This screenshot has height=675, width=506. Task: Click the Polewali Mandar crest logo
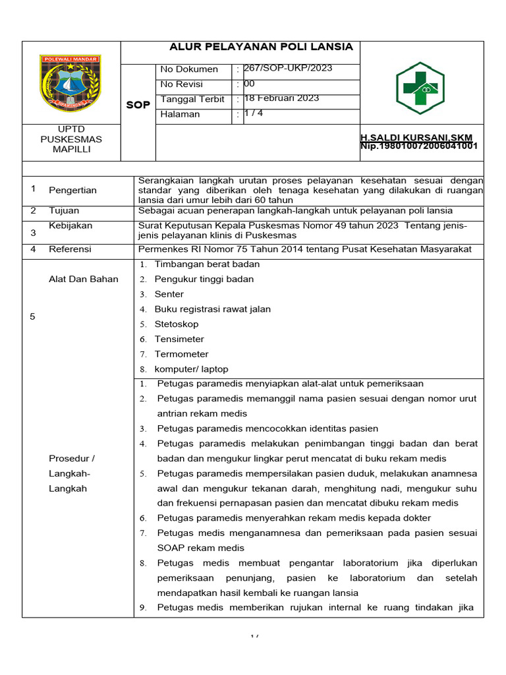pyautogui.click(x=70, y=83)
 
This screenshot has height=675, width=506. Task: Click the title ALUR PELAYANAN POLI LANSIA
pyautogui.click(x=262, y=47)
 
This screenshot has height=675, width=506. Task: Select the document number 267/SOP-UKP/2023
pyautogui.click(x=288, y=69)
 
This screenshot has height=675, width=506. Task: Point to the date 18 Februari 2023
pyautogui.click(x=281, y=98)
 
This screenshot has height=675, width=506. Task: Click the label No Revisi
pyautogui.click(x=181, y=84)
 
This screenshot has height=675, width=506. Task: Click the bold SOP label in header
pyautogui.click(x=138, y=105)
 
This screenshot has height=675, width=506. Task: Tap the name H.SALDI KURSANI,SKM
pyautogui.click(x=416, y=137)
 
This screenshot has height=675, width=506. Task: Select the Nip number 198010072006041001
pyautogui.click(x=419, y=146)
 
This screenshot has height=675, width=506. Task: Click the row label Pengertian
pyautogui.click(x=72, y=191)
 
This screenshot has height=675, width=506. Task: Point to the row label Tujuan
pyautogui.click(x=64, y=211)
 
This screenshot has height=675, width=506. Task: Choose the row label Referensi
pyautogui.click(x=70, y=249)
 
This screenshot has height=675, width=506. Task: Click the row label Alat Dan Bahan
pyautogui.click(x=84, y=279)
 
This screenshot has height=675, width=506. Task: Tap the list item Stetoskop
pyautogui.click(x=177, y=324)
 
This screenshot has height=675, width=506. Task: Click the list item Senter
pyautogui.click(x=169, y=294)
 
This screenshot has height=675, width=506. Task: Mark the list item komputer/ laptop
pyautogui.click(x=191, y=369)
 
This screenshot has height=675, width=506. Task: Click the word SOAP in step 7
pyautogui.click(x=171, y=548)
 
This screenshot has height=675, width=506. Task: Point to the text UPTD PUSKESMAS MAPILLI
pyautogui.click(x=71, y=139)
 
